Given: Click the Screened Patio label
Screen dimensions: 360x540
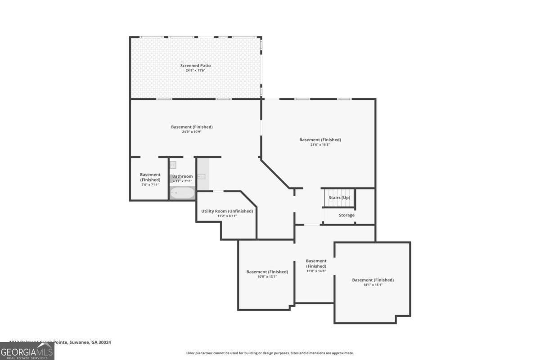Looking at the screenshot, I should (x=195, y=66).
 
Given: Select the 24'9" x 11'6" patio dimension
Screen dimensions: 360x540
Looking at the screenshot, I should (x=195, y=71).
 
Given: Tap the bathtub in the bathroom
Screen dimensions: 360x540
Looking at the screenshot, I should (x=182, y=193).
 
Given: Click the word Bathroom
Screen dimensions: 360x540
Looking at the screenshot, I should (x=182, y=176).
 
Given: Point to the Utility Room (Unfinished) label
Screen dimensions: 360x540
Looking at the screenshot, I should (x=227, y=211).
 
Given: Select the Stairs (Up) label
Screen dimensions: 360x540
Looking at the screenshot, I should (x=339, y=198).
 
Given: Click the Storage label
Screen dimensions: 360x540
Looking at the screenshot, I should (x=346, y=215).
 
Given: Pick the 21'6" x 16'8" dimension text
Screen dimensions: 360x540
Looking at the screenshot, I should (x=320, y=144).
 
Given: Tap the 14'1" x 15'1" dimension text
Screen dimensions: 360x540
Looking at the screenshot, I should (x=373, y=284).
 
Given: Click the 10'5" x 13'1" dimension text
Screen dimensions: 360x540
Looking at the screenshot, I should (x=267, y=276).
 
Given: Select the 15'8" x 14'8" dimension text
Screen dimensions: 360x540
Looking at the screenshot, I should (x=316, y=271).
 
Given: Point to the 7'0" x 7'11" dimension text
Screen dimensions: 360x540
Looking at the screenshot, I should (x=150, y=185).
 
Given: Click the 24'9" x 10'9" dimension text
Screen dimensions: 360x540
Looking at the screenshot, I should (x=192, y=132).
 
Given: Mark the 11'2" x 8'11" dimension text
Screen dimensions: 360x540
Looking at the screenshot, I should (x=227, y=216).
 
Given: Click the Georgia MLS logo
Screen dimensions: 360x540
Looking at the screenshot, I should (x=27, y=351).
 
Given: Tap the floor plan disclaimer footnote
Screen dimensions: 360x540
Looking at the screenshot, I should (x=270, y=353).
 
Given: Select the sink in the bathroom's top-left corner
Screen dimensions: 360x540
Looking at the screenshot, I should (x=173, y=165).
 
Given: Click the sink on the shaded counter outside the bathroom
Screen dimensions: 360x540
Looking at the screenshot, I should (x=201, y=176).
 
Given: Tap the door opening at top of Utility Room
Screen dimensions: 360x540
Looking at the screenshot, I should (x=218, y=191).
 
